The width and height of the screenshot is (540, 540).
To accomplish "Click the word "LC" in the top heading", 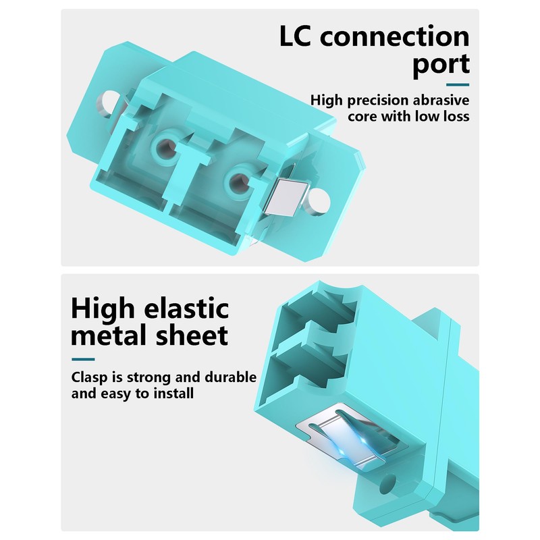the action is (295, 36).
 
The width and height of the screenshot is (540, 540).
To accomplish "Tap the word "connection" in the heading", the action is (395, 36).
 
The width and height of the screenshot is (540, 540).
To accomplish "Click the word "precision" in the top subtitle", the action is (378, 101).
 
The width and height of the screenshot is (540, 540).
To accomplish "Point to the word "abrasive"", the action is (441, 100).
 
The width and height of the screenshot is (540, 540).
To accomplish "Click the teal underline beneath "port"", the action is (458, 85).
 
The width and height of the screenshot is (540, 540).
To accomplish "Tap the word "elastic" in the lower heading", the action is (186, 308).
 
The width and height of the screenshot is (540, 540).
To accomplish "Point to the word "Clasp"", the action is (90, 378).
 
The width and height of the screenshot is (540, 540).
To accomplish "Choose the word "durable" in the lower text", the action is (230, 377).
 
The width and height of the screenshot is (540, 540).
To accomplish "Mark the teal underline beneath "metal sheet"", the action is (83, 359).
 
